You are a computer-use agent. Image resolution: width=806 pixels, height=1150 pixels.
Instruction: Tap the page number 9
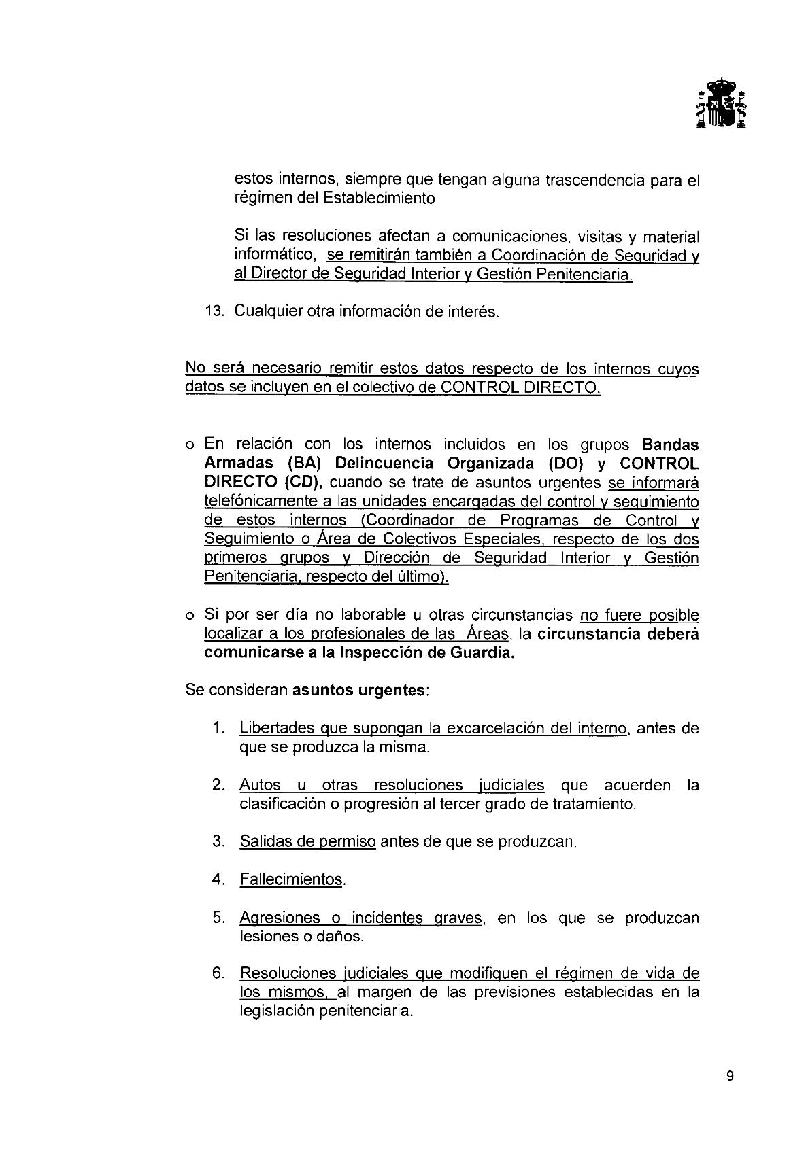click(x=730, y=1076)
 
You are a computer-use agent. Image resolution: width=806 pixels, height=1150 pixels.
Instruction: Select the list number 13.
click(x=214, y=312)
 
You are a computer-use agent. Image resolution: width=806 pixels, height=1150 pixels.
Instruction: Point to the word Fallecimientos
click(x=291, y=879)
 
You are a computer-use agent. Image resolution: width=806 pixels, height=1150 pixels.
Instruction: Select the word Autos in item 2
click(x=259, y=785)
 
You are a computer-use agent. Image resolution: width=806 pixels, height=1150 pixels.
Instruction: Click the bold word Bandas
click(x=670, y=445)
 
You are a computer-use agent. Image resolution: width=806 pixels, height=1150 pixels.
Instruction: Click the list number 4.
click(x=218, y=879)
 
